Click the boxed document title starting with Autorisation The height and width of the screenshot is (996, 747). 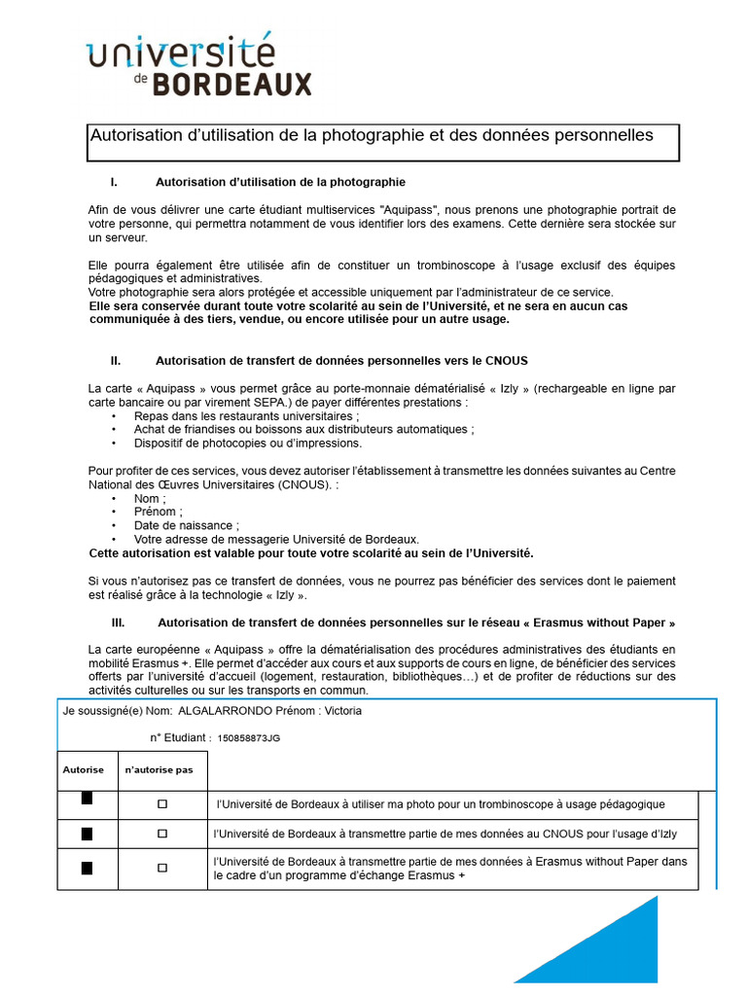(372, 136)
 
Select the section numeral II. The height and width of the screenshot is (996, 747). (116, 360)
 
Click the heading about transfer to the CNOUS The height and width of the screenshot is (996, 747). (341, 360)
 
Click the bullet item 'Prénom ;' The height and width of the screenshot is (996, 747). (159, 512)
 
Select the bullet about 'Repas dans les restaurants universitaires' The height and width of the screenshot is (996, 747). (248, 415)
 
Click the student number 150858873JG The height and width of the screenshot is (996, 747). (248, 738)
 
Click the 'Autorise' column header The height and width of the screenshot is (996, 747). (84, 769)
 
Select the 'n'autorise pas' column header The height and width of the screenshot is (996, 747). (159, 769)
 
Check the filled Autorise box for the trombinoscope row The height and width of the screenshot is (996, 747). (87, 800)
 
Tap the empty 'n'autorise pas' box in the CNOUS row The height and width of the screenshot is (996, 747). (162, 834)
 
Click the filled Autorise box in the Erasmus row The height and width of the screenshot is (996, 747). (87, 868)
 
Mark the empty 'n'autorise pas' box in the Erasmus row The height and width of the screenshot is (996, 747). (162, 867)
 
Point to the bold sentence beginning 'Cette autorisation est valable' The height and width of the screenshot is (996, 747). (311, 552)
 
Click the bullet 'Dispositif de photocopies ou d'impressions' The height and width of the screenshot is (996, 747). (248, 443)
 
